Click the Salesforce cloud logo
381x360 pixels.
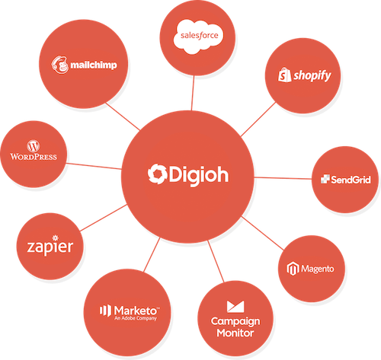[198, 37]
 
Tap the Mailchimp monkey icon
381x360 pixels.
[60, 65]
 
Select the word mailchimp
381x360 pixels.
[94, 65]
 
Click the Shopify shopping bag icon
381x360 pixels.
[284, 75]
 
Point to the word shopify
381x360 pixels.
[312, 75]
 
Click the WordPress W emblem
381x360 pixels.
[34, 146]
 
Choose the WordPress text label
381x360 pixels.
[34, 157]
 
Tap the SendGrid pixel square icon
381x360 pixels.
[325, 179]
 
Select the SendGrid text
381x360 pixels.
[351, 180]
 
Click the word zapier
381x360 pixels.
[50, 247]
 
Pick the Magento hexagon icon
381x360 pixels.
[293, 269]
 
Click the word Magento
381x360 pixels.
[318, 269]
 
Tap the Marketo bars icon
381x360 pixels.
[105, 311]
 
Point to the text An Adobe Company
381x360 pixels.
[136, 318]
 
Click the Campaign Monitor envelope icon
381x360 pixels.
[235, 307]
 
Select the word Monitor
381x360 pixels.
[235, 333]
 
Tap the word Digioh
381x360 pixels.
[199, 176]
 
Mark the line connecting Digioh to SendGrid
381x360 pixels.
[283, 178]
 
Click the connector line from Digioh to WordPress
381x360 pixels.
[94, 166]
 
